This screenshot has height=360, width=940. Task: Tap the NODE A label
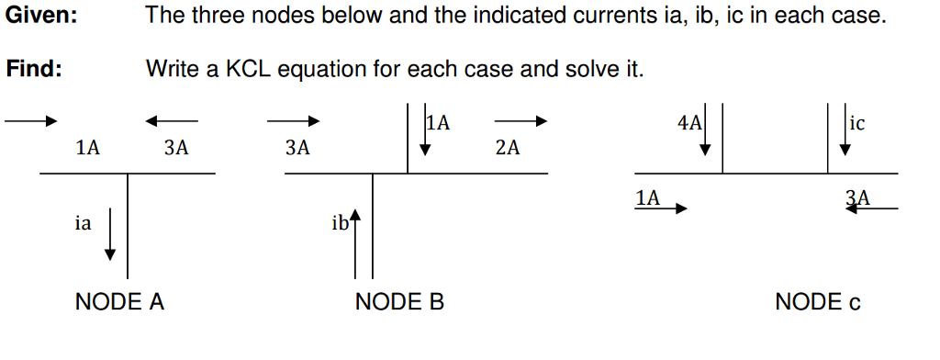pos(119,302)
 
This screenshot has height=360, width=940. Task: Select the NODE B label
pos(399,302)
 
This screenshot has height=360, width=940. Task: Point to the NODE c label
pos(818,302)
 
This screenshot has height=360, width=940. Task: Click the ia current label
pos(84,221)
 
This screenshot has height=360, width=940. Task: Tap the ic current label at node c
pos(857,123)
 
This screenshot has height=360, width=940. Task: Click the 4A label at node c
pos(688,123)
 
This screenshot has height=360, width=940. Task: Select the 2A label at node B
pos(507,148)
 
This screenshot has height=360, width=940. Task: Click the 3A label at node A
pos(176,148)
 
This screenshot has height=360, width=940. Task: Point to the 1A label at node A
pos(88,148)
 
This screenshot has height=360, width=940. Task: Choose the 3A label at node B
pos(297,148)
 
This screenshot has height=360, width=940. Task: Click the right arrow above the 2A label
pos(520,120)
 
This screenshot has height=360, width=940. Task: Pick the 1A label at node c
pos(647,197)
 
